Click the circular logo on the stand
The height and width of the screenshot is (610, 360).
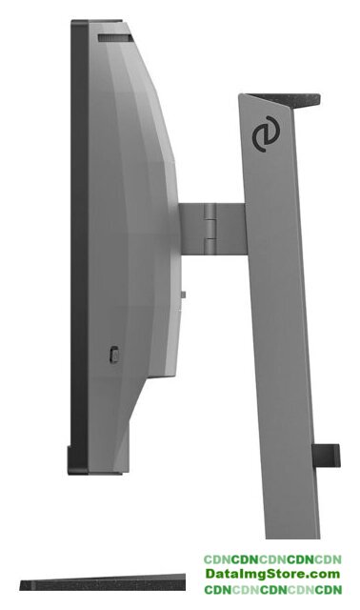266,133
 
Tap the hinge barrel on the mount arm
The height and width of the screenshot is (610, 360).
210,229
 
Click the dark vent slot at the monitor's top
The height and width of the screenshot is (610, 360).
115,38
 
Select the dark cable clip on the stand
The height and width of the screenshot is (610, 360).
326,455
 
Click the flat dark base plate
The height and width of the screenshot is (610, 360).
103,582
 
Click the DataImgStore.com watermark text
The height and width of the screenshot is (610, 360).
272,574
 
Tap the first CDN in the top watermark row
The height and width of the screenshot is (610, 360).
217,559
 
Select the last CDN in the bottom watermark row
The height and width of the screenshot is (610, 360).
329,590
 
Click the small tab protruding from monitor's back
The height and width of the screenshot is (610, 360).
183,295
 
